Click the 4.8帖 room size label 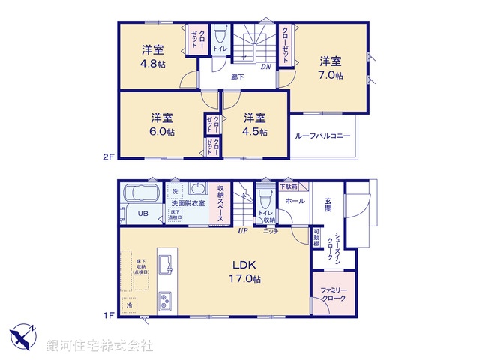(x=153, y=63)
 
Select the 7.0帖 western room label (x=329, y=76)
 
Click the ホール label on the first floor (x=295, y=202)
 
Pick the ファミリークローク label (x=330, y=294)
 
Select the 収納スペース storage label (x=221, y=203)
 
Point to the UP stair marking (x=242, y=231)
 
